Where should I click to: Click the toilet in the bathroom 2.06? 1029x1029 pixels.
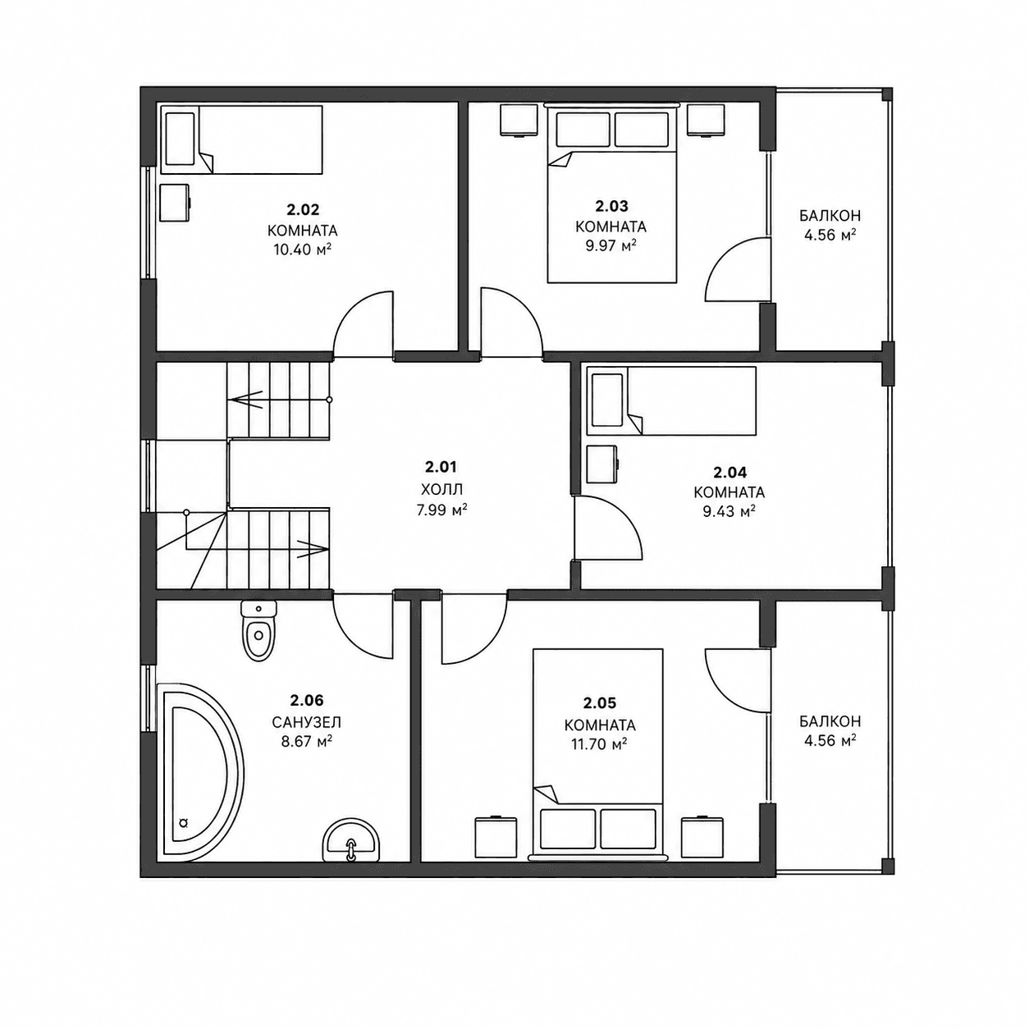pos(259,630)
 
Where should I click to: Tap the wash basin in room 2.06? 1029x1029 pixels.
pos(351,856)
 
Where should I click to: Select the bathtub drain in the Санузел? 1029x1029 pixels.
pos(184,837)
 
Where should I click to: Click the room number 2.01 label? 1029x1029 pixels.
pos(441,467)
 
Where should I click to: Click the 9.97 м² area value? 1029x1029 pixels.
pos(611,245)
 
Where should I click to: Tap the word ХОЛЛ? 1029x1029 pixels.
pos(441,489)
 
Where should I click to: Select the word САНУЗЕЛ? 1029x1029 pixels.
pos(307,722)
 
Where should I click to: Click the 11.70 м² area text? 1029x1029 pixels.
pos(599,743)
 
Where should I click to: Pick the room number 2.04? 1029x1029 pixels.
pos(729,472)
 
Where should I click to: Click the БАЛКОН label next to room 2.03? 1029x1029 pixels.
pos(830,216)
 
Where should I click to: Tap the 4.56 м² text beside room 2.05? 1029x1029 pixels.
pos(830,741)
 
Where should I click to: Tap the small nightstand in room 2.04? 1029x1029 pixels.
pos(602,464)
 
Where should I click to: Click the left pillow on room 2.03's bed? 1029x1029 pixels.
pos(583,129)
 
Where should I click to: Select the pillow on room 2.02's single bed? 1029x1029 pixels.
pos(180,139)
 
